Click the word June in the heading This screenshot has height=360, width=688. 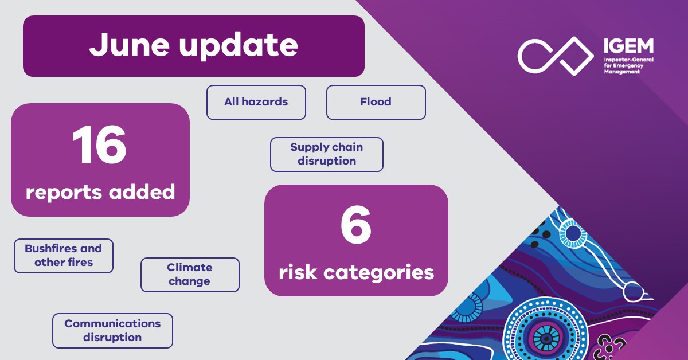(130, 46)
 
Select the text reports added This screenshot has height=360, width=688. (100, 192)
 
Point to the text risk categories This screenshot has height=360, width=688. (356, 272)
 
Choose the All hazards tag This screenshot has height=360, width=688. (256, 102)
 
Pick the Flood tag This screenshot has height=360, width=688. (376, 102)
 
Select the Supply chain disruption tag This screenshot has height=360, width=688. (326, 154)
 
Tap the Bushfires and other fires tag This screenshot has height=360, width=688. (63, 256)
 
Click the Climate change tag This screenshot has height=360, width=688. (190, 275)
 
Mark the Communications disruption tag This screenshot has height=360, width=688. (112, 331)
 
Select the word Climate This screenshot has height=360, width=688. (190, 268)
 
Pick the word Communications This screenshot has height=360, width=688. (112, 324)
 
